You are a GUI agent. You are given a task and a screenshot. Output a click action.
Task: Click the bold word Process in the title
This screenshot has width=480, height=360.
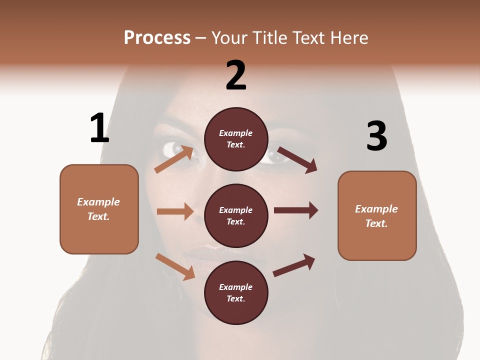[157, 37]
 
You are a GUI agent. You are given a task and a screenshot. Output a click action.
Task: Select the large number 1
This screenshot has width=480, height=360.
[99, 128]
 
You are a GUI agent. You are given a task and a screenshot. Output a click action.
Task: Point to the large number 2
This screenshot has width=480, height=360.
[236, 75]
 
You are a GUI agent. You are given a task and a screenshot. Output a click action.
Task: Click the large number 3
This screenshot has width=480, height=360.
[376, 136]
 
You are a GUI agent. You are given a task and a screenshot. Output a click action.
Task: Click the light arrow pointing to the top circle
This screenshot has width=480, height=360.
[173, 159]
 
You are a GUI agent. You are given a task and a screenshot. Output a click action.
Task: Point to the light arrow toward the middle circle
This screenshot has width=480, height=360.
[175, 211]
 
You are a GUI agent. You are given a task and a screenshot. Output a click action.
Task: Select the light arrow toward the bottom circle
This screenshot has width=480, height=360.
[175, 266]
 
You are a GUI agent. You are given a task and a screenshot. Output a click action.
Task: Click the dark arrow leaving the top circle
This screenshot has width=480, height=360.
[297, 159]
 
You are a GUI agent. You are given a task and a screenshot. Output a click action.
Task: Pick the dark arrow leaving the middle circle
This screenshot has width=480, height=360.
[296, 210]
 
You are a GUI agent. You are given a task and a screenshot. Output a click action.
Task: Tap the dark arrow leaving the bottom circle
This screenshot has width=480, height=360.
[294, 265]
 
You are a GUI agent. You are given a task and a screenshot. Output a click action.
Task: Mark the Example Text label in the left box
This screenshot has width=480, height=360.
[98, 209]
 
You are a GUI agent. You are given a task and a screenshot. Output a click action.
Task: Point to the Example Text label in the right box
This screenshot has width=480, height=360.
[376, 216]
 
